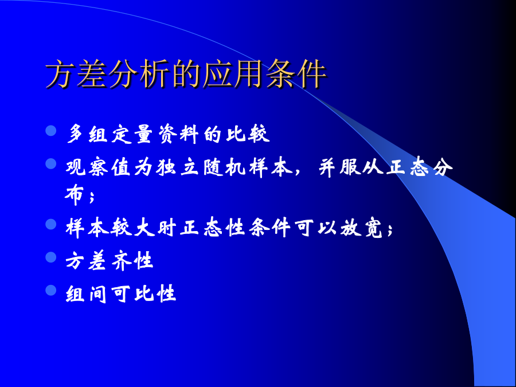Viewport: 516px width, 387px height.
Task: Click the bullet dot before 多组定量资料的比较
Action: click(51, 130)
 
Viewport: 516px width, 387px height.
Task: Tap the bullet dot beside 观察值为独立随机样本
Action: click(51, 163)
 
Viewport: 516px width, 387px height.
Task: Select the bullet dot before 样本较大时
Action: click(51, 224)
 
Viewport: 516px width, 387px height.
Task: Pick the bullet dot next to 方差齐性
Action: click(51, 257)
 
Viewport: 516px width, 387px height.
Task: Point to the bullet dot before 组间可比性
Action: click(51, 290)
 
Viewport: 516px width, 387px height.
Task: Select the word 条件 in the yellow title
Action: click(296, 74)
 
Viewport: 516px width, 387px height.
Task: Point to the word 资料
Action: click(178, 134)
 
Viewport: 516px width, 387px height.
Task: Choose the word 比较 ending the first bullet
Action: click(248, 134)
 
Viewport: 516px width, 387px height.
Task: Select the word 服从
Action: click(361, 167)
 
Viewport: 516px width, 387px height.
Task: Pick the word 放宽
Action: click(361, 228)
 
